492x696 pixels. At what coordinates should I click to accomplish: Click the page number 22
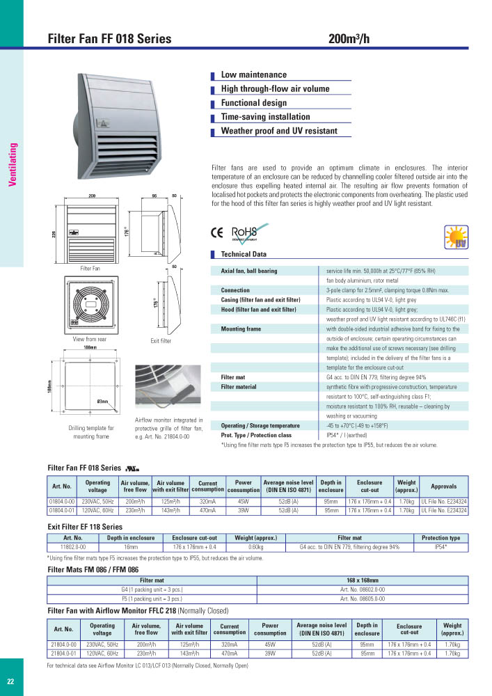click(x=10, y=681)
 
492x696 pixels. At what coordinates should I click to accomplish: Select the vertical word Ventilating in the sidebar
click(x=12, y=164)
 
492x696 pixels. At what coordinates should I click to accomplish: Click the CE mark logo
click(x=216, y=234)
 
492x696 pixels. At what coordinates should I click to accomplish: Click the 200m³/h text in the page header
click(x=349, y=39)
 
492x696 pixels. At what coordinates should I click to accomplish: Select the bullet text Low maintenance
click(x=253, y=74)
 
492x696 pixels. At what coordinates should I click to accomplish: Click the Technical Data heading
click(x=244, y=255)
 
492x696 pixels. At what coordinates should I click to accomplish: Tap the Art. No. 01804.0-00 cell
click(x=63, y=501)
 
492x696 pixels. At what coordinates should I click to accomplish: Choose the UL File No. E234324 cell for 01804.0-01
click(x=443, y=510)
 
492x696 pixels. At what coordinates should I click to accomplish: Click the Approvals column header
click(x=443, y=487)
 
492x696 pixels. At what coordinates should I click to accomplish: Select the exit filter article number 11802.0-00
click(x=73, y=547)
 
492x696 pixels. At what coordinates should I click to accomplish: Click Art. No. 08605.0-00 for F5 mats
click(x=363, y=598)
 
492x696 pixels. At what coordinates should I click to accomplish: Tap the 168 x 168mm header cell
click(x=363, y=580)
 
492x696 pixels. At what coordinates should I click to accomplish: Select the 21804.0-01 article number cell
click(x=63, y=654)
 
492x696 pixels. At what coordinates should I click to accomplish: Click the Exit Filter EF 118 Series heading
click(x=84, y=527)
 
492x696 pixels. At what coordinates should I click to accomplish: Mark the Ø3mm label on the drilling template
click(x=103, y=402)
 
